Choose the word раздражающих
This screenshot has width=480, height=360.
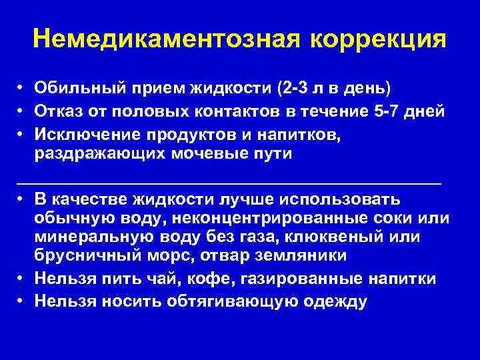(92, 154)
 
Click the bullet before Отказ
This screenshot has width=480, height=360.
(21, 111)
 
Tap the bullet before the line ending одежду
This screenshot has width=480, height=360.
(21, 301)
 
